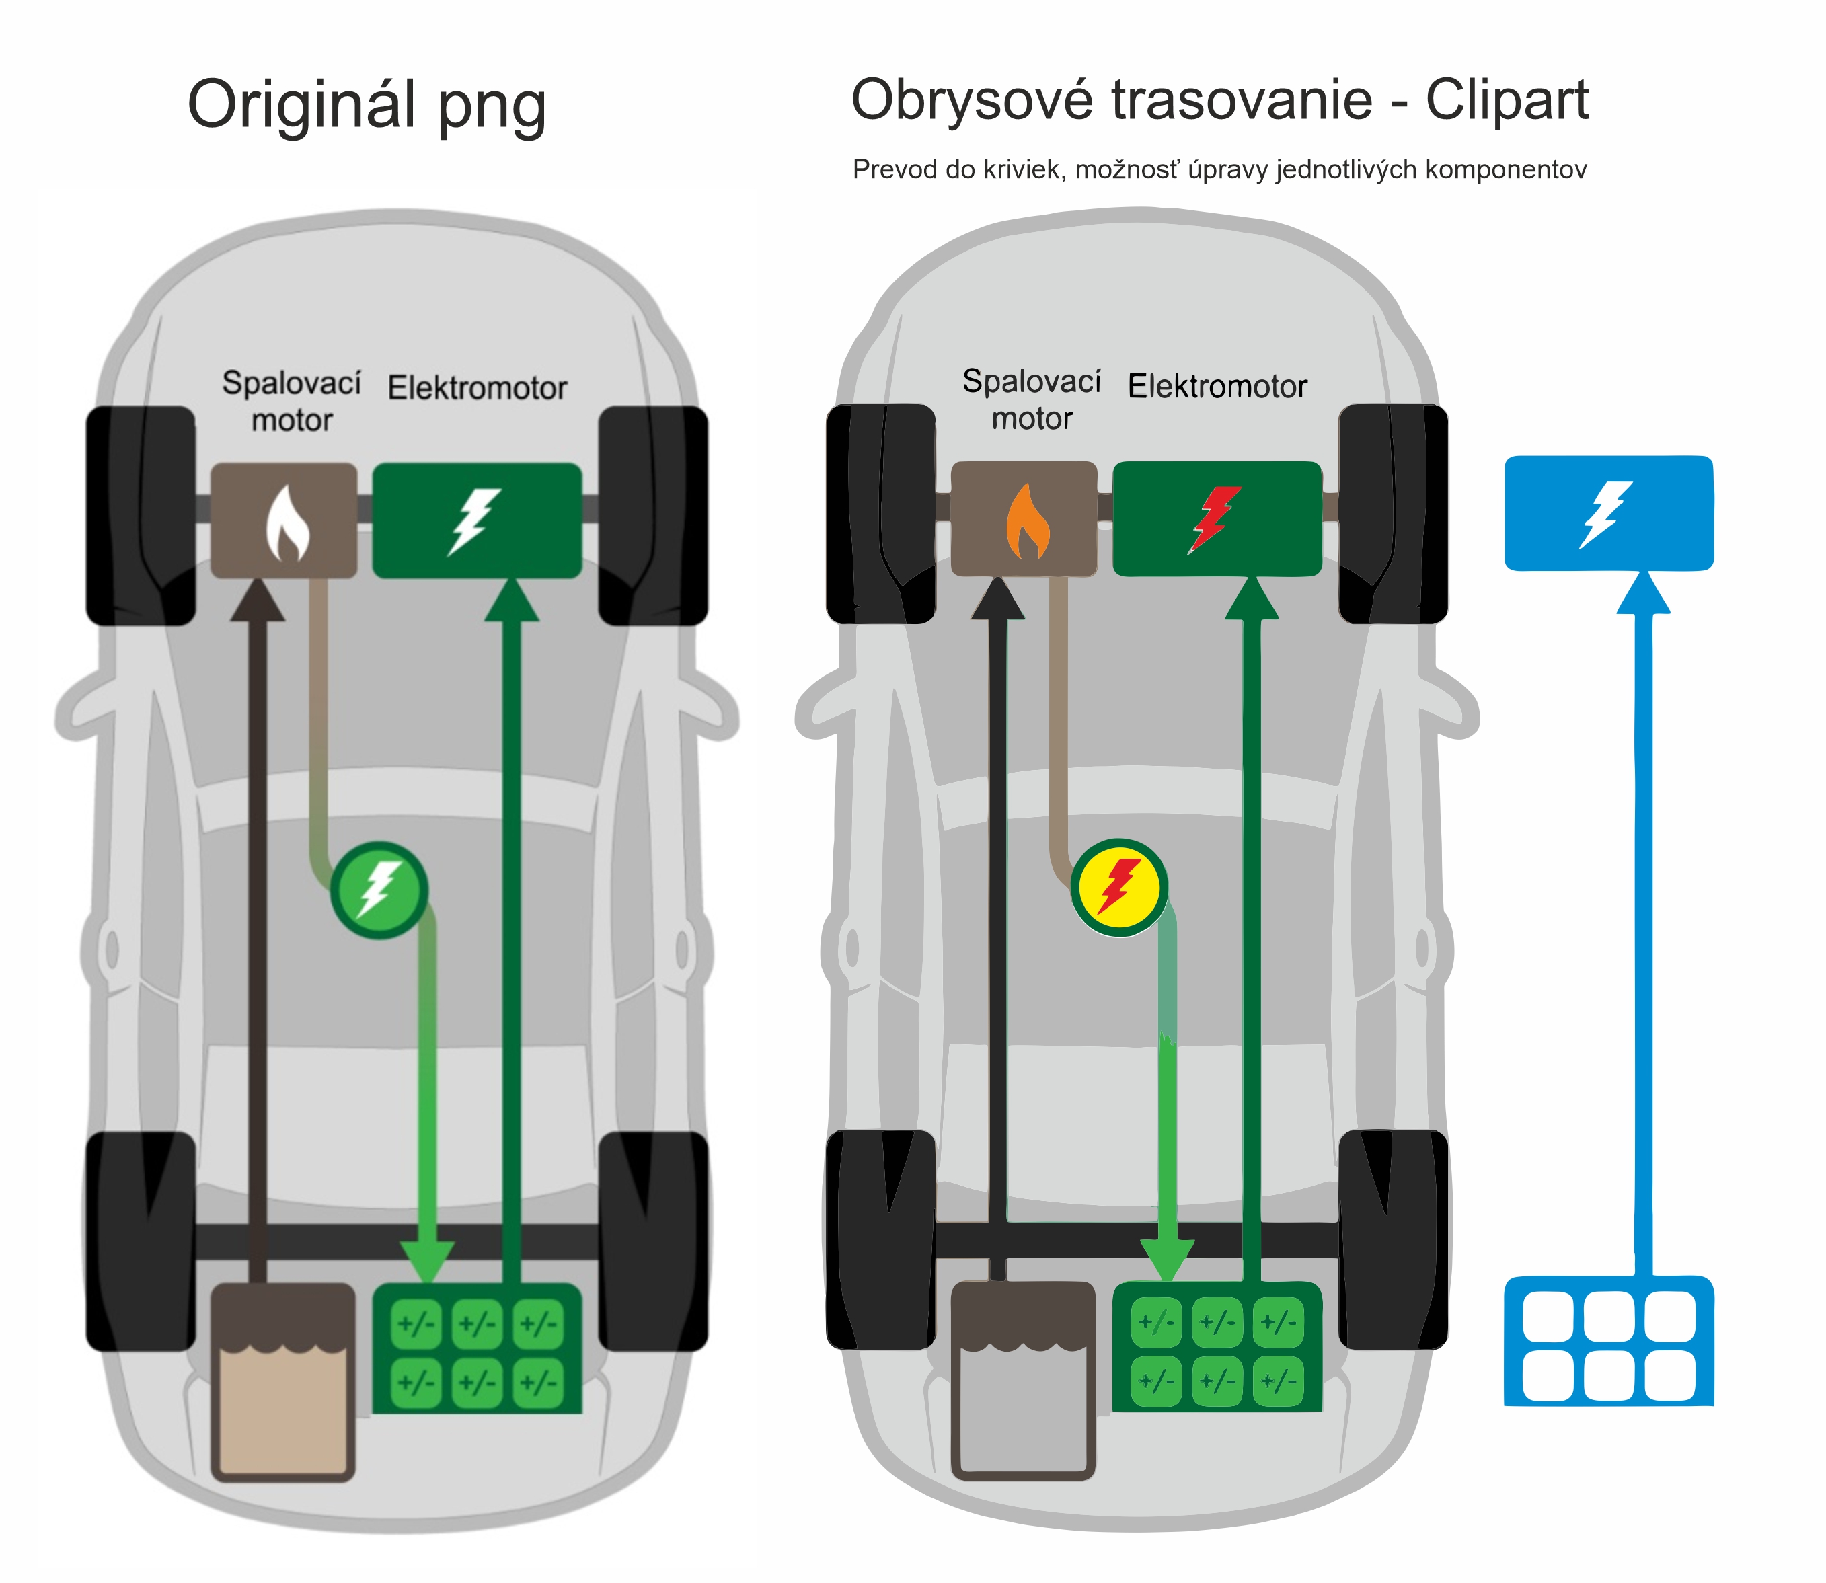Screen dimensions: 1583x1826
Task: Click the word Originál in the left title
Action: [x=301, y=104]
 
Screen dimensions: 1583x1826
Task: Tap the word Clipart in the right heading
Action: [x=1507, y=100]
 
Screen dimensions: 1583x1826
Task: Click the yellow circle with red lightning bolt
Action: [x=1119, y=887]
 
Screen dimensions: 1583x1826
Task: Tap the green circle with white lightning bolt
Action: [x=380, y=890]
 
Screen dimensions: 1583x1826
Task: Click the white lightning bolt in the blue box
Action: [x=1606, y=514]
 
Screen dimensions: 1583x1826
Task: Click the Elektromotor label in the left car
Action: [x=477, y=389]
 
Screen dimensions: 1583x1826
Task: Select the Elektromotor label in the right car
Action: [x=1217, y=387]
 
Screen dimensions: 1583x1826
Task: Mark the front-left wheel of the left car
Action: [x=141, y=516]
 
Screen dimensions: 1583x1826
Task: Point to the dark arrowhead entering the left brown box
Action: [x=257, y=601]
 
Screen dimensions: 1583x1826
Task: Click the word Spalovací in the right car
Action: [x=1031, y=381]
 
